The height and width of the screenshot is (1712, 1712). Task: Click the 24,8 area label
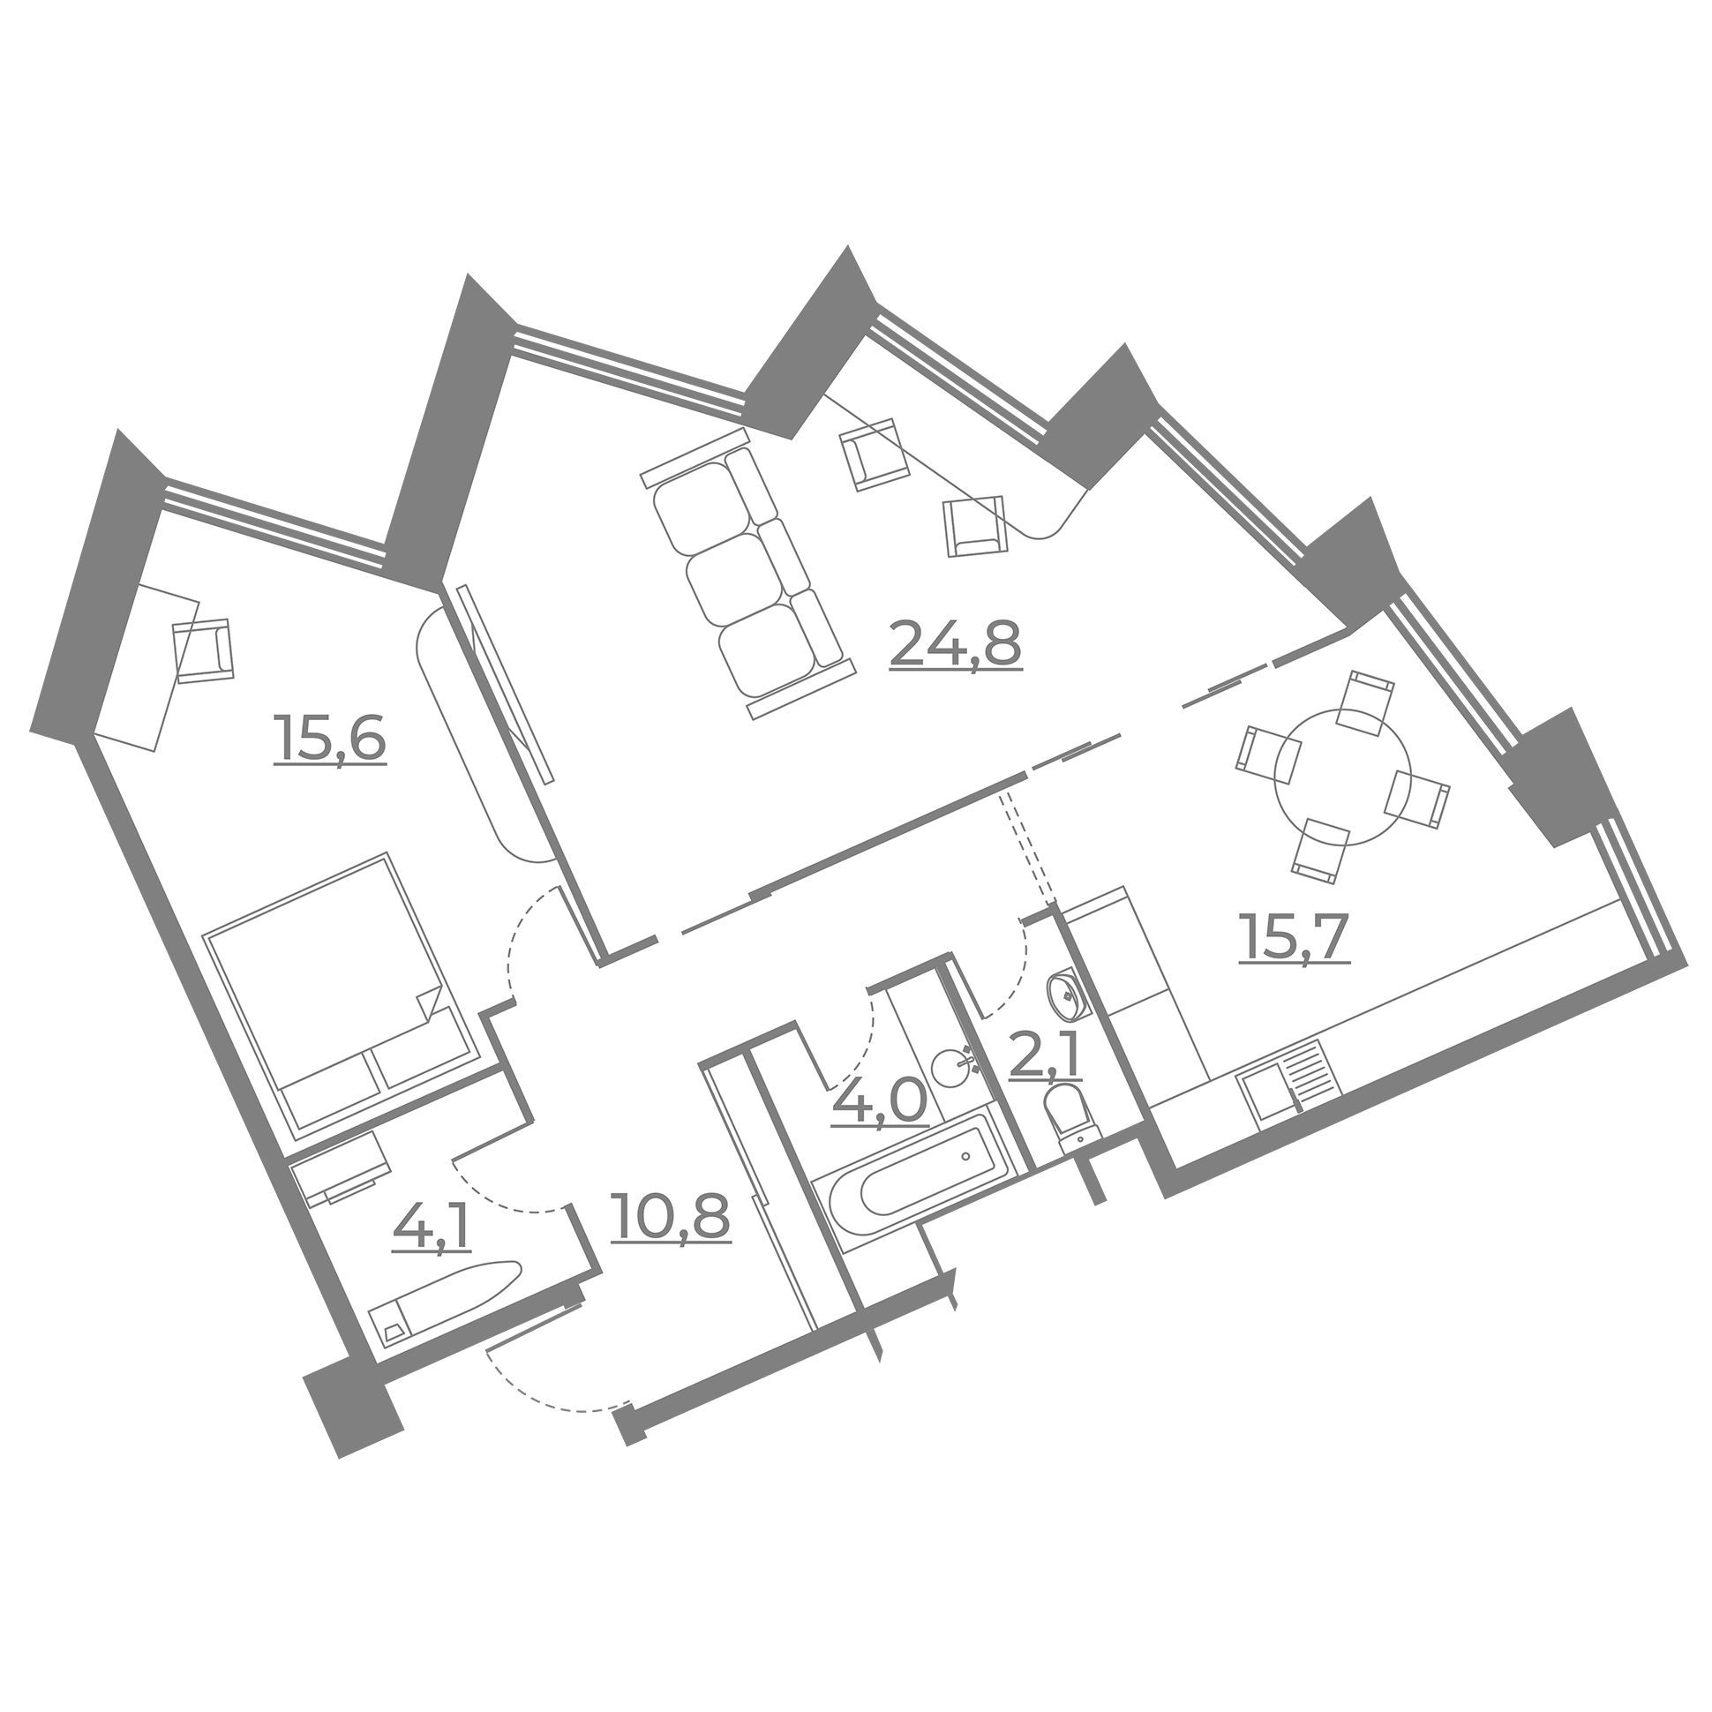[955, 644]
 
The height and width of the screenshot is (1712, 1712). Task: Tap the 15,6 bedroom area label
[330, 739]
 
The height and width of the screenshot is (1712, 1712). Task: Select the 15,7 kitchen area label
[1294, 937]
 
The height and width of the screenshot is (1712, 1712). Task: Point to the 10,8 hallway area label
[670, 1216]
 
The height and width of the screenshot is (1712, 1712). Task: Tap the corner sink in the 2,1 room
[1066, 997]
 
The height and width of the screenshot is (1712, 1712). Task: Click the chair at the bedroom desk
[204, 650]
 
